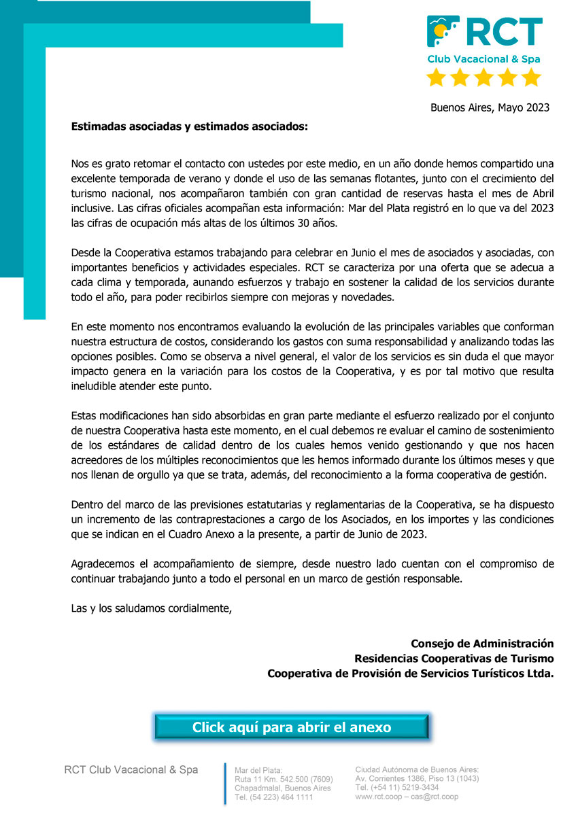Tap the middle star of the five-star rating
(x=483, y=77)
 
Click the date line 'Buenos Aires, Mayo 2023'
(x=490, y=107)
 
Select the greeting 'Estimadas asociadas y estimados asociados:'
(x=189, y=126)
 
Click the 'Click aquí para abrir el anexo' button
(x=292, y=727)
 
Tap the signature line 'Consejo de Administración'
(x=482, y=643)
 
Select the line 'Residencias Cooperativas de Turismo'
(x=454, y=658)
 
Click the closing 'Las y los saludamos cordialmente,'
(x=152, y=608)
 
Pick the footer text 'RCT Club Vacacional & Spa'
(x=131, y=769)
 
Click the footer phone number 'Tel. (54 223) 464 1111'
(x=273, y=797)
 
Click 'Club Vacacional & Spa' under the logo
(x=483, y=59)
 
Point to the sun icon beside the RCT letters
(x=441, y=31)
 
